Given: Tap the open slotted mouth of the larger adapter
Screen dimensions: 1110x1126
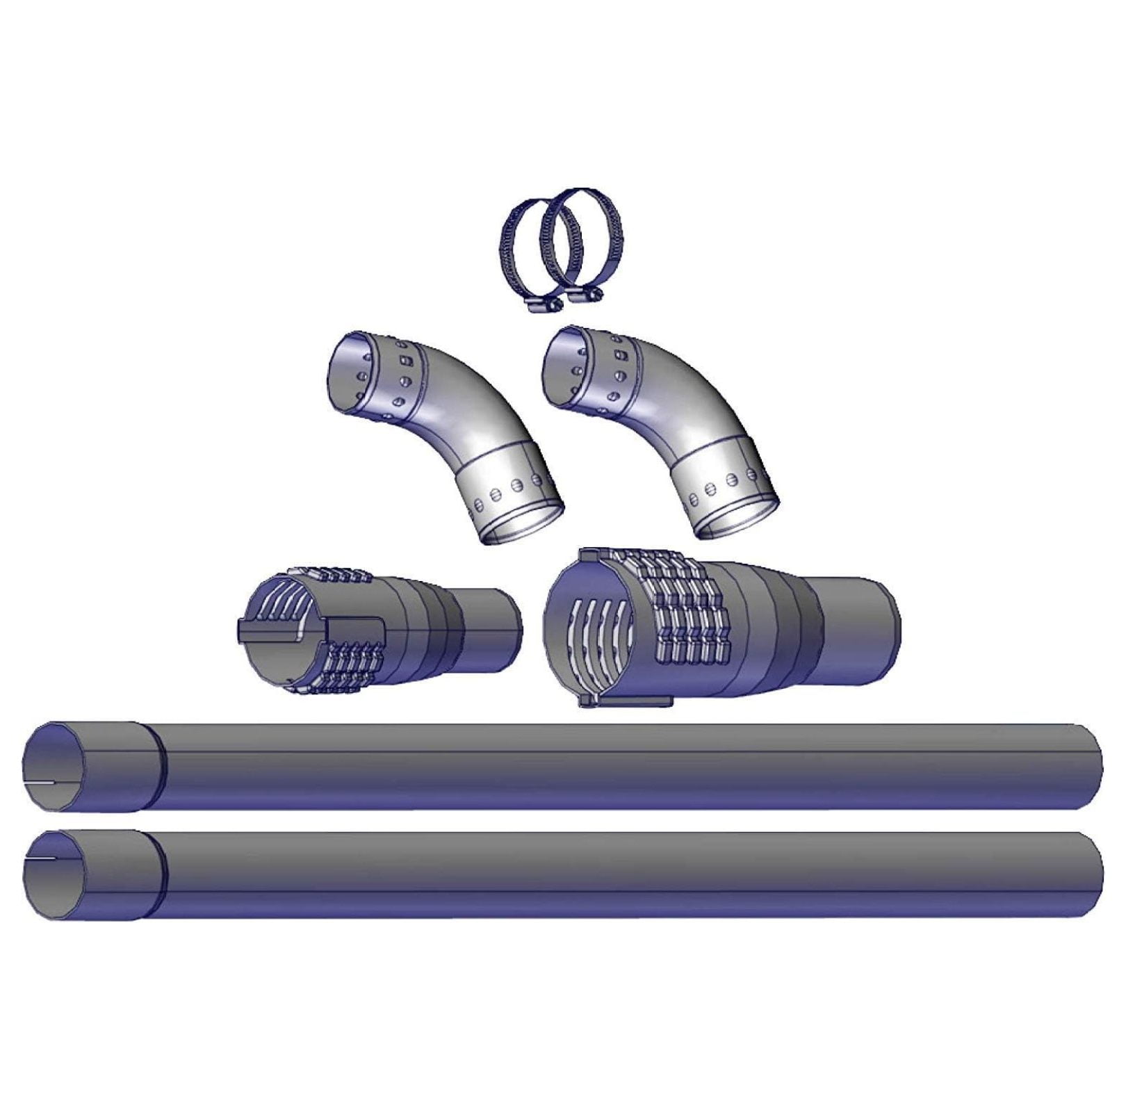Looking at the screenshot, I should [x=591, y=629].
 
